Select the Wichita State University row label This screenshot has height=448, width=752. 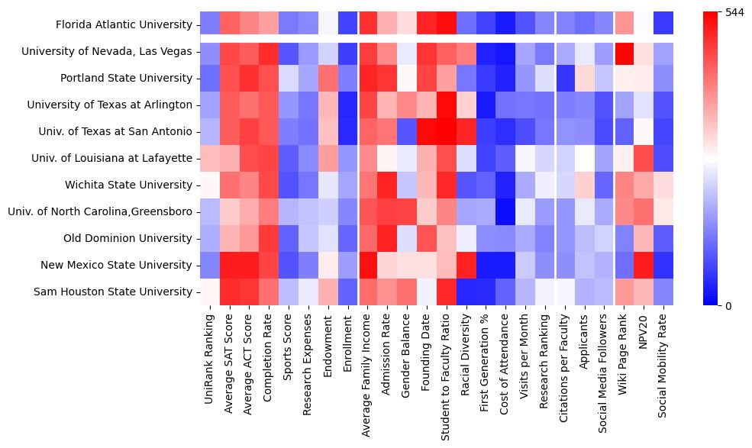(127, 185)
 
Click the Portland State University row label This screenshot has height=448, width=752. (127, 78)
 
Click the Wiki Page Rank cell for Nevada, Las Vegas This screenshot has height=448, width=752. (625, 51)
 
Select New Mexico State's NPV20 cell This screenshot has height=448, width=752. (644, 265)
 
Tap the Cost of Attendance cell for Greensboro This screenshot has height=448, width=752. (505, 211)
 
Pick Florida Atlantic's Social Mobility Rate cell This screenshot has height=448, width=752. (664, 24)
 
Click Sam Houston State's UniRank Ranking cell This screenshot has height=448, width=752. (210, 292)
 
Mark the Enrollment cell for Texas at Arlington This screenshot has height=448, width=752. (348, 105)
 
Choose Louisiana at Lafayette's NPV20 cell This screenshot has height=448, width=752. (644, 158)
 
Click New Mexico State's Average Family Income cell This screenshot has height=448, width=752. (369, 265)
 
